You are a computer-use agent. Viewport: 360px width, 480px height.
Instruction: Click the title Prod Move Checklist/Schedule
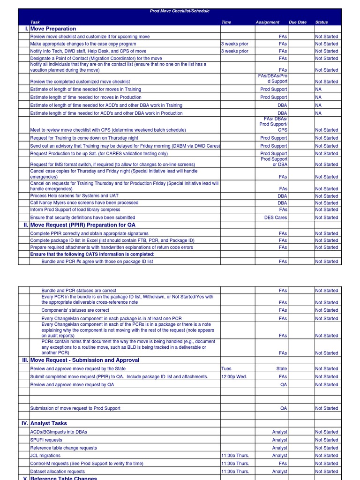coord(180,11)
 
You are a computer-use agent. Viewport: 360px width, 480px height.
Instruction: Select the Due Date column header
coord(298,22)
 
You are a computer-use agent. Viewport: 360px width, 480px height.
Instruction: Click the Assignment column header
coord(267,22)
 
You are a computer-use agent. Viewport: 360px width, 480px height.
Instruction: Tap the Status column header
coord(322,22)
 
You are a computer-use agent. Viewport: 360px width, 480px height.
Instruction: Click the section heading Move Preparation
coord(53,29)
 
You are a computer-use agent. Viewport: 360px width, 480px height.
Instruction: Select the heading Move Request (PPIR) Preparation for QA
coord(82,225)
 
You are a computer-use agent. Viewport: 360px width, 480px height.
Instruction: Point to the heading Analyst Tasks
coord(49,423)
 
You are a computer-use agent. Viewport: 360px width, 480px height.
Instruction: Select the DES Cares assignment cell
coord(276,217)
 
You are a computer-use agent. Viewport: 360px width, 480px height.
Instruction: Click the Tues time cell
coord(226,369)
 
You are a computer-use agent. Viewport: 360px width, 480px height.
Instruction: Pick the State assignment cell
coord(281,369)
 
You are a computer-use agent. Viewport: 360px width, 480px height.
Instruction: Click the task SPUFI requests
coord(46,440)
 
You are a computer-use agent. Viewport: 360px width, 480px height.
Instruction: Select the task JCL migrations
coord(45,456)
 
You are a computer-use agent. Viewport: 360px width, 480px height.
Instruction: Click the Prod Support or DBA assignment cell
coord(274,162)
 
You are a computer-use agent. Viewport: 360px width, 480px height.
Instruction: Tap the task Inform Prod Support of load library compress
coord(75,210)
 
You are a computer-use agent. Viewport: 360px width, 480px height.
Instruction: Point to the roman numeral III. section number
coord(25,360)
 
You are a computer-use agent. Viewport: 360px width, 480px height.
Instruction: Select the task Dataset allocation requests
coord(58,472)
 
